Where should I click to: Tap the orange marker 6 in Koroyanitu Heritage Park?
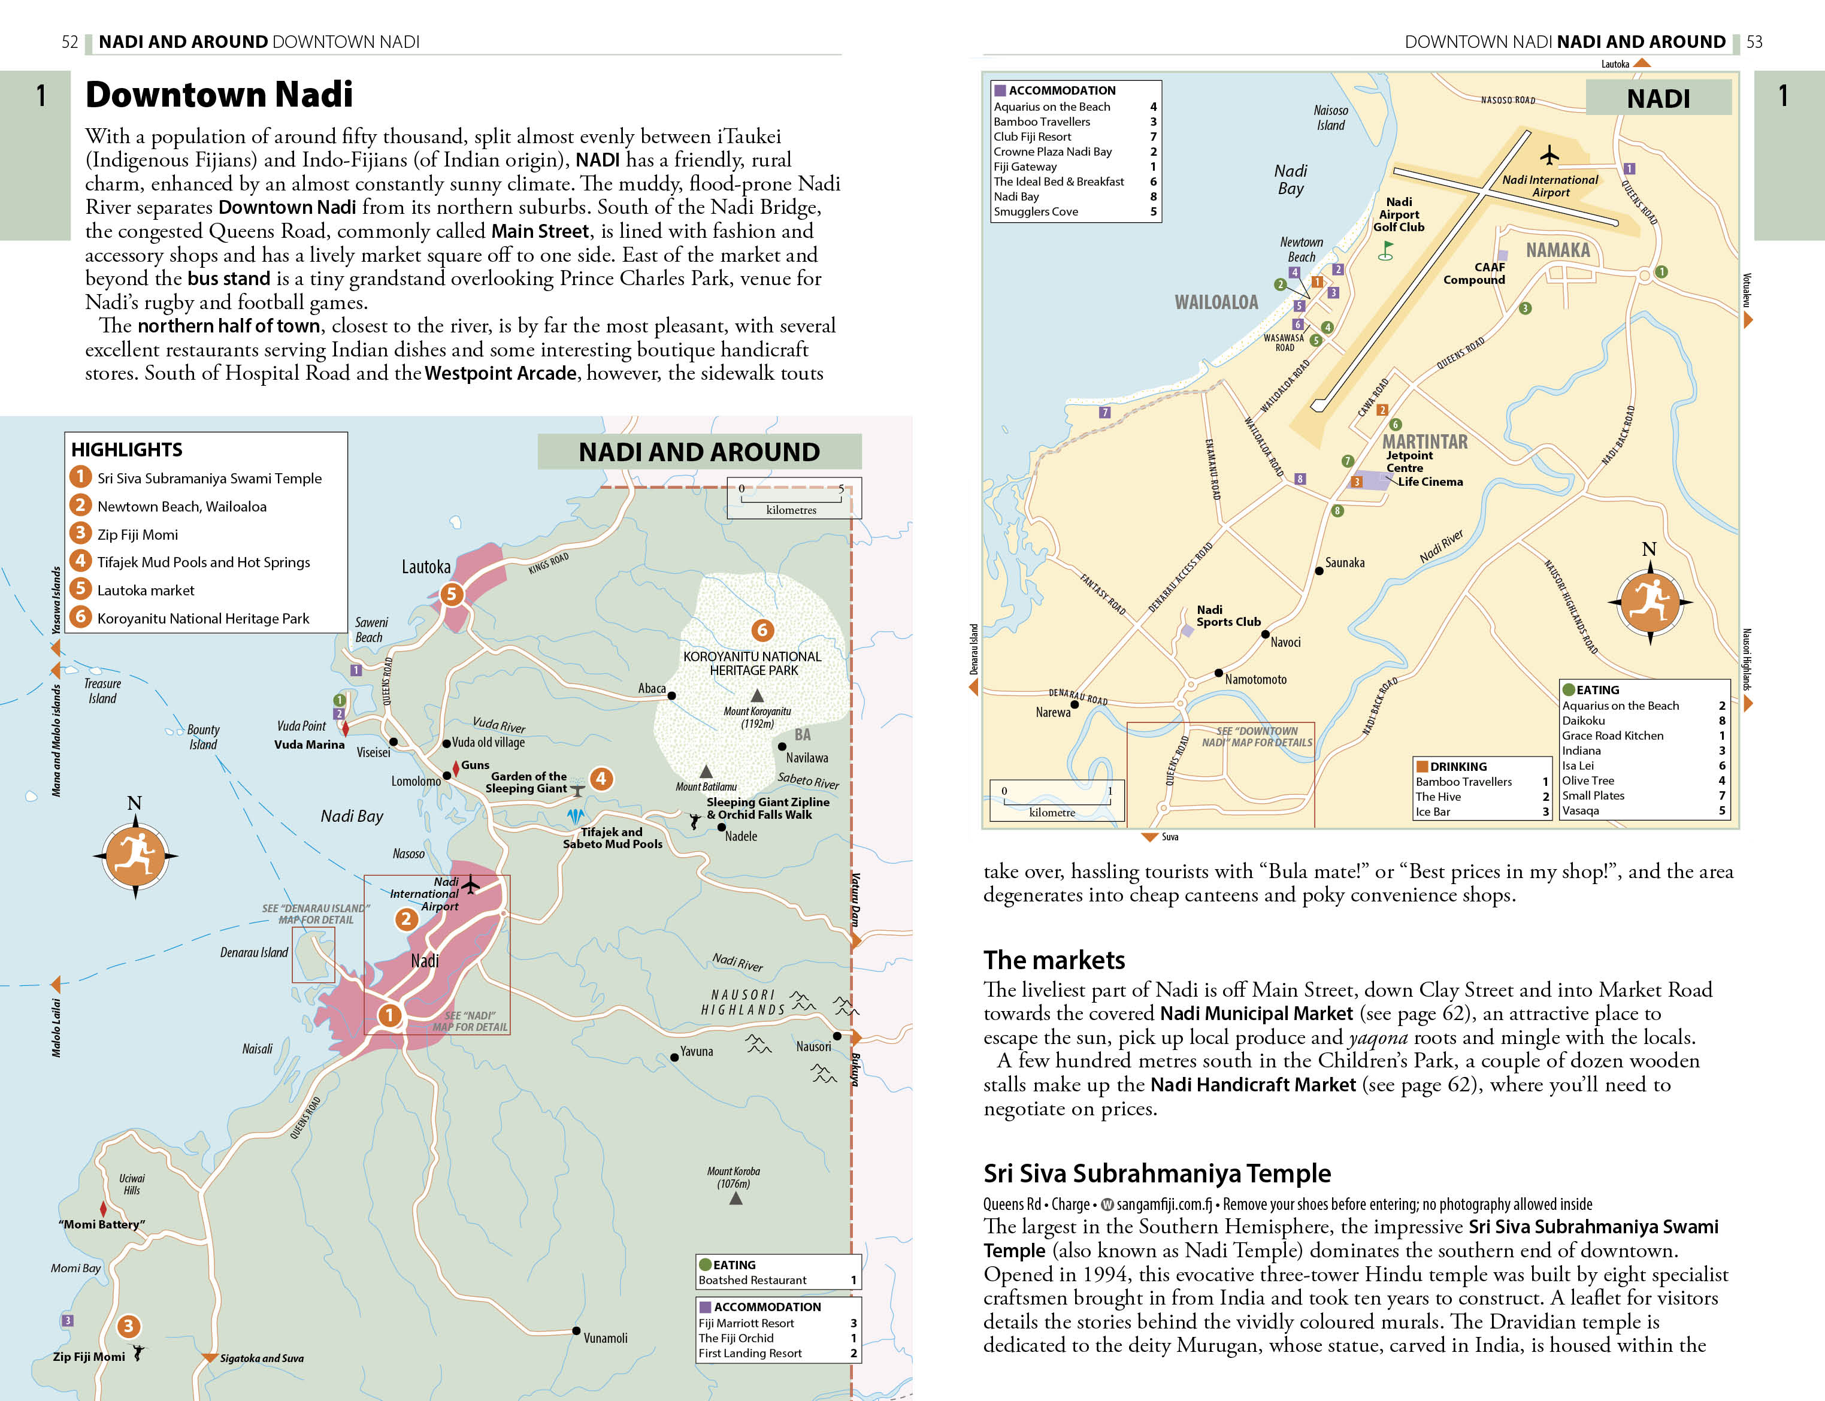pyautogui.click(x=761, y=631)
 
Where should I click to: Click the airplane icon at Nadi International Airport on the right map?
pyautogui.click(x=1549, y=155)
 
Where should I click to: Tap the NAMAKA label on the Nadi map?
pyautogui.click(x=1557, y=250)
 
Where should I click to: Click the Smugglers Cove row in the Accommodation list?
pyautogui.click(x=1036, y=212)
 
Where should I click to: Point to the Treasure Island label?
pyautogui.click(x=102, y=691)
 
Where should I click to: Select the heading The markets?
pyautogui.click(x=1054, y=960)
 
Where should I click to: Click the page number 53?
pyautogui.click(x=1754, y=42)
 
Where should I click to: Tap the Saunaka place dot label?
pyautogui.click(x=1344, y=563)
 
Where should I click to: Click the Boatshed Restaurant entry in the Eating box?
pyautogui.click(x=752, y=1280)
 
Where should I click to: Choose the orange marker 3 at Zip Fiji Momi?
pyautogui.click(x=128, y=1326)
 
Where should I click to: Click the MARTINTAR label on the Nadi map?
pyautogui.click(x=1425, y=442)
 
